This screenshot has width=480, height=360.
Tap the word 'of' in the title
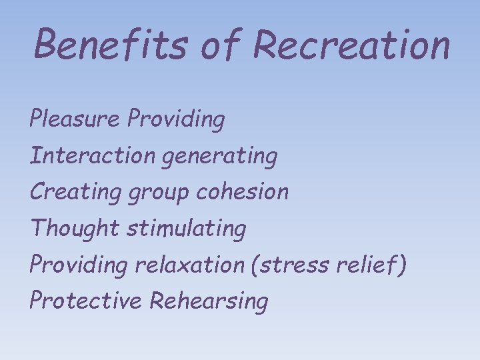(227, 45)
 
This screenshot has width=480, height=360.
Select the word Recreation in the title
(351, 45)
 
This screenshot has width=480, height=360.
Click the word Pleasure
(75, 119)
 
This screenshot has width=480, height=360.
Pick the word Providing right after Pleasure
(177, 121)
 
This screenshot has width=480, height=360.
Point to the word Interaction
(92, 156)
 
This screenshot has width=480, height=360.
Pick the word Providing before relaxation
(78, 265)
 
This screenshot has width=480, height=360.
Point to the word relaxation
(189, 265)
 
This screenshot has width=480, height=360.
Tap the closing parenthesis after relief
(401, 265)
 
